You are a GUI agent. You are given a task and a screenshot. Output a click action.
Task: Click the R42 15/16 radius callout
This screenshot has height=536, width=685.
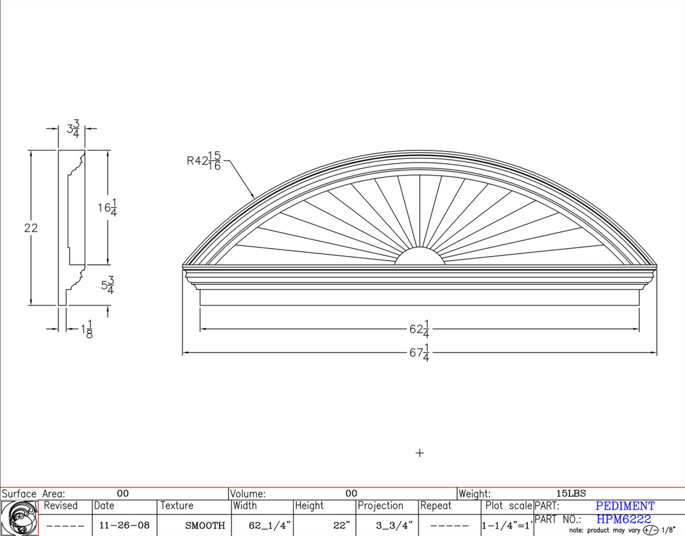(x=204, y=161)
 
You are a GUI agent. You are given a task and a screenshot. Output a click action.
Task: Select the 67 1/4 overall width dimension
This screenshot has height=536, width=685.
(x=420, y=352)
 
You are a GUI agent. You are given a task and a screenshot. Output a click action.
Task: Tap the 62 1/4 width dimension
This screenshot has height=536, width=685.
(x=420, y=328)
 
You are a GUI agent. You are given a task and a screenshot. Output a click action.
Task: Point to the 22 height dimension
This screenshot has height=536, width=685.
(x=31, y=228)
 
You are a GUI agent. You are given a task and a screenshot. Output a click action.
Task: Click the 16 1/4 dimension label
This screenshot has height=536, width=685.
(x=107, y=208)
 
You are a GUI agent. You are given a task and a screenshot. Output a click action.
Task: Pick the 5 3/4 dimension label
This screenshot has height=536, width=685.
(x=108, y=285)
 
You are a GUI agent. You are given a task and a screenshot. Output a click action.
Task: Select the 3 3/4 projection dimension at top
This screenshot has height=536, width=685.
(x=73, y=129)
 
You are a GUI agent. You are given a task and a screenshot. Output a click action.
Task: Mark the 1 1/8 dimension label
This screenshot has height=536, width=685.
(x=87, y=329)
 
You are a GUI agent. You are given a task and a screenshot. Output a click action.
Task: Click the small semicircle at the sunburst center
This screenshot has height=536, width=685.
(x=420, y=257)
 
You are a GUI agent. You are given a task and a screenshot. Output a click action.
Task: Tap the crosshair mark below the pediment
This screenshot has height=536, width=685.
(x=420, y=453)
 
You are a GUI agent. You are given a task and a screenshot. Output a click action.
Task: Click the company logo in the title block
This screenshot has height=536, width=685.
(x=19, y=518)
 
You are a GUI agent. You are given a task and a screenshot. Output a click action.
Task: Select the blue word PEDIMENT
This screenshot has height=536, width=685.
(x=625, y=506)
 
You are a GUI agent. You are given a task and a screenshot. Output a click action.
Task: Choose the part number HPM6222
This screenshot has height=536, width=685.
(x=623, y=519)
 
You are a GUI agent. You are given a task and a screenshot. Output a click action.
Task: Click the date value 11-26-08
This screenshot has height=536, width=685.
(x=124, y=526)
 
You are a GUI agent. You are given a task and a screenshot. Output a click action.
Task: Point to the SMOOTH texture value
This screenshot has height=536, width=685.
(x=205, y=526)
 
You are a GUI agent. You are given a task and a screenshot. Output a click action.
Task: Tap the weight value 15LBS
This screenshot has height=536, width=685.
(x=571, y=493)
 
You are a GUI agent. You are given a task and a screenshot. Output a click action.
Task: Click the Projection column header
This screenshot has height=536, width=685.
(x=380, y=506)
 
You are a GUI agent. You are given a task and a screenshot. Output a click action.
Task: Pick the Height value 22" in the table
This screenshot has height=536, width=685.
(x=341, y=526)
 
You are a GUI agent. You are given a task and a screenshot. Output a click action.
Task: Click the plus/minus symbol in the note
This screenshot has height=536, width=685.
(x=650, y=530)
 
